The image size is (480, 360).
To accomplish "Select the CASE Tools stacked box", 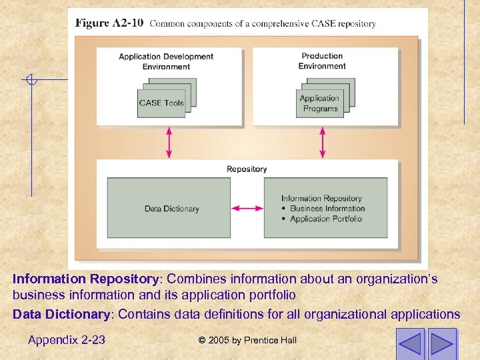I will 161,103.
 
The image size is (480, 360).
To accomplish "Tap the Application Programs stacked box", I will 320,103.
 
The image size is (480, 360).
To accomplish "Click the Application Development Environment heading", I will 166,61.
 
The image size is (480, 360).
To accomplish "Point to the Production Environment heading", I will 322,61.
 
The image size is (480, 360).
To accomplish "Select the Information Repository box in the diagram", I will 325,208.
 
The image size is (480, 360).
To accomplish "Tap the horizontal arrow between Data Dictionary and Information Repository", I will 247,209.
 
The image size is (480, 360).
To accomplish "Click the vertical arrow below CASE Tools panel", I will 169,142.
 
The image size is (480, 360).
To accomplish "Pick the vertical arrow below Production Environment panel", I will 323,142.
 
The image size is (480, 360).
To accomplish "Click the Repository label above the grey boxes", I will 247,169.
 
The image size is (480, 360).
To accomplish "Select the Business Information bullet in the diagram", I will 327,209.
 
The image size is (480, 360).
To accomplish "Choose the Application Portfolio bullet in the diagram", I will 327,219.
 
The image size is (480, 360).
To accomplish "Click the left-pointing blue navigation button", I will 410,343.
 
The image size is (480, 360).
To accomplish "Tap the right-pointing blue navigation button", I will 442,343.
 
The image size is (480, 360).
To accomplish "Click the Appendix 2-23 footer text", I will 67,340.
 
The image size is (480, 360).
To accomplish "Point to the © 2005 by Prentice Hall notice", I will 247,341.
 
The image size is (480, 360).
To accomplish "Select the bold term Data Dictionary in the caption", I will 61,314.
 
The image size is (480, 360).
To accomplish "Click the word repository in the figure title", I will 357,24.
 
